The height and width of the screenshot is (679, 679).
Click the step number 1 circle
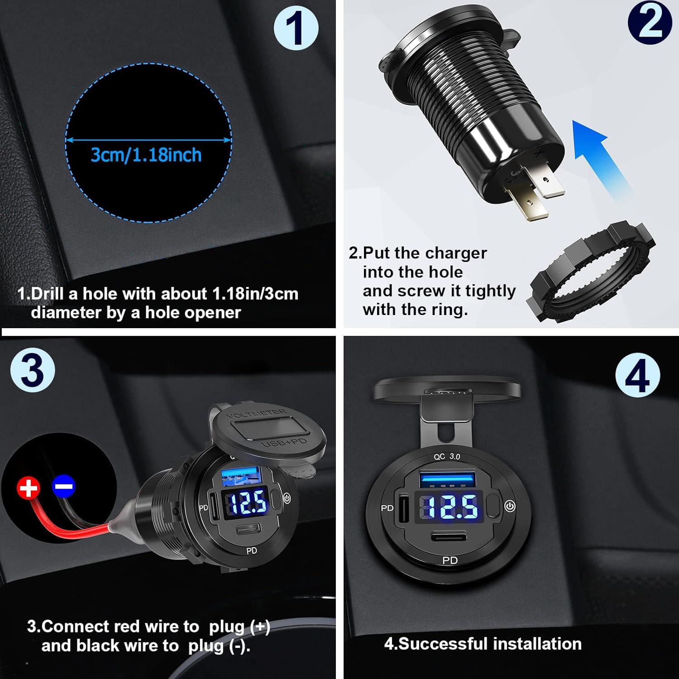point(296,28)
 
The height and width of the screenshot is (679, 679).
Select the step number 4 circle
point(637,375)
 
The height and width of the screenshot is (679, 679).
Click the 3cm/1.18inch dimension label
point(146,155)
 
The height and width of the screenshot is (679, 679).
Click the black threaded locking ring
point(591,272)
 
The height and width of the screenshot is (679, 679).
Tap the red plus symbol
point(28,488)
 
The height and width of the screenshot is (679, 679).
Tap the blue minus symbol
point(64,486)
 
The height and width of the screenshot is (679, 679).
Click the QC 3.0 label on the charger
point(447,457)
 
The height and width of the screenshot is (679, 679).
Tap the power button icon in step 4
point(510,506)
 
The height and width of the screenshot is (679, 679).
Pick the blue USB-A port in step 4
point(448,479)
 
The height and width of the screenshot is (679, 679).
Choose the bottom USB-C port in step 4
point(449,538)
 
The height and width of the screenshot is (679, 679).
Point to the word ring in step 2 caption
point(449,310)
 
